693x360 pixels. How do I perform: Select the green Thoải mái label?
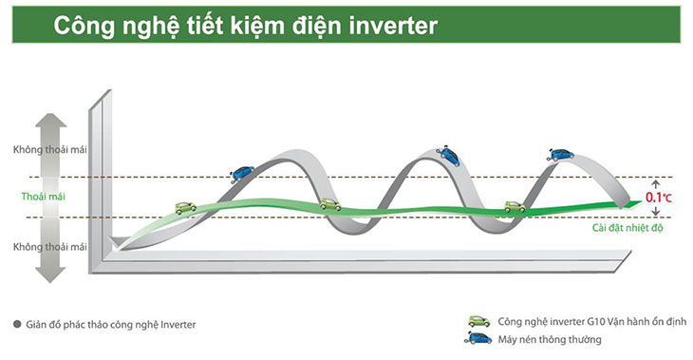point(44,198)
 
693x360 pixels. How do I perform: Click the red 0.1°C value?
point(660,198)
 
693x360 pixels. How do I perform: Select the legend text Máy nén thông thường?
point(546,340)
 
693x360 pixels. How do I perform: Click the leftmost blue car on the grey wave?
point(243,173)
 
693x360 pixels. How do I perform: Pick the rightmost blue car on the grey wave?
point(561,153)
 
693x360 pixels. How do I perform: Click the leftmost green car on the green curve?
point(184,206)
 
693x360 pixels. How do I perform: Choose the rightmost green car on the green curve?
point(515,206)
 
